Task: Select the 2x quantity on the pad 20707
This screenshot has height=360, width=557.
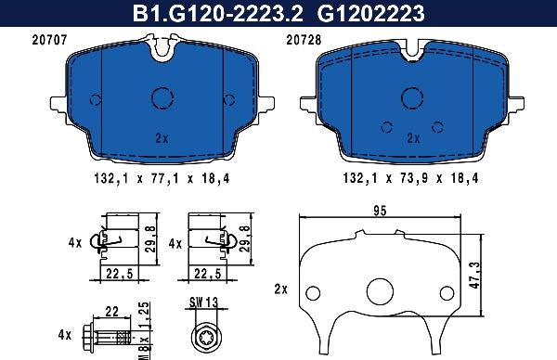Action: click(162, 138)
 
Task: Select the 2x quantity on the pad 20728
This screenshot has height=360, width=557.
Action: click(412, 138)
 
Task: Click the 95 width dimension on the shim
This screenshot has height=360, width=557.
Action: click(379, 212)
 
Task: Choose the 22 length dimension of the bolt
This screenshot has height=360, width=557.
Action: click(111, 312)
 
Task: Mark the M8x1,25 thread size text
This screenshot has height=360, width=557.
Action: click(143, 332)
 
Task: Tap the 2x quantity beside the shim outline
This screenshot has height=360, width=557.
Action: click(281, 289)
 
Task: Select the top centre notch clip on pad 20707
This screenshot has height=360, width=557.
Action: click(163, 48)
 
